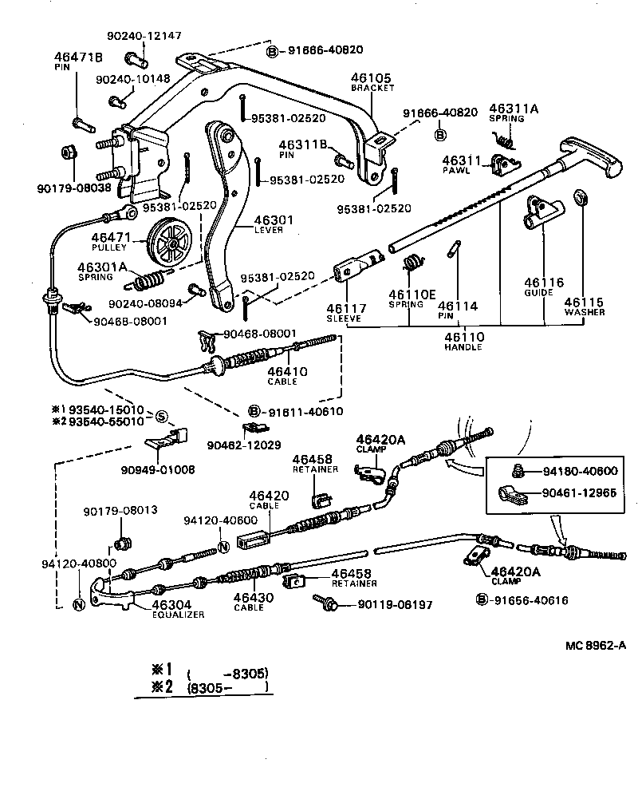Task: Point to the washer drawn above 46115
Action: [x=582, y=196]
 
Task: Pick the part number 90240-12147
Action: [x=144, y=36]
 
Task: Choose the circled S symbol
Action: [x=161, y=416]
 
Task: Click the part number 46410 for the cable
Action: [x=282, y=372]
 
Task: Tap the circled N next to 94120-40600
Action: [x=223, y=545]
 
